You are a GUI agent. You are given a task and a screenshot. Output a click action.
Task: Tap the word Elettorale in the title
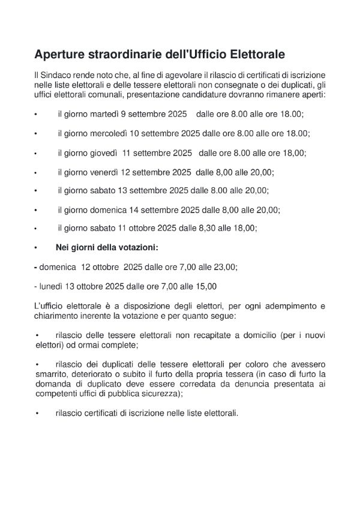pos(254,55)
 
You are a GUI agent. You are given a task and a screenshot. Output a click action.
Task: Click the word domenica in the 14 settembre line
pos(109,210)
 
